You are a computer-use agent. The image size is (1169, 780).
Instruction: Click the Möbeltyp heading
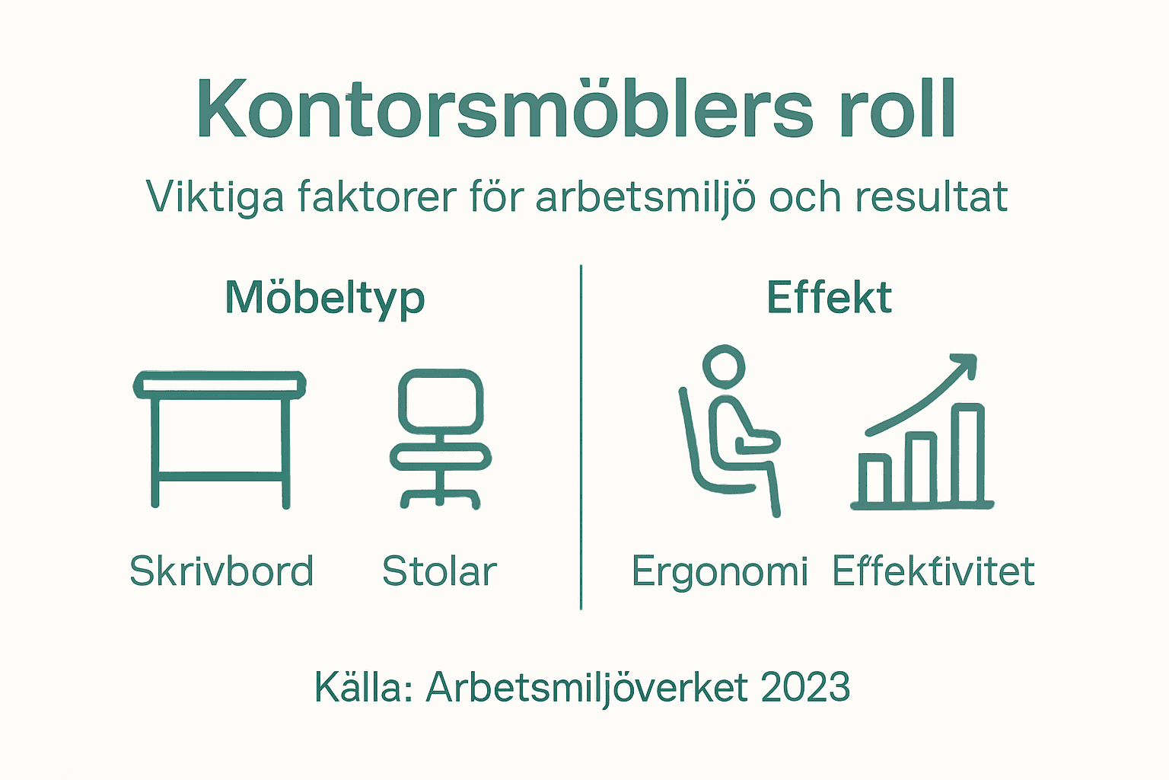tap(325, 298)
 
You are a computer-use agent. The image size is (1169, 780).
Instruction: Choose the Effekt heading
tap(829, 298)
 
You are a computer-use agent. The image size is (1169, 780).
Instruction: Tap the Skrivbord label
tap(221, 571)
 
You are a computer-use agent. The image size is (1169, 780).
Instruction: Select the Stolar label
tap(439, 571)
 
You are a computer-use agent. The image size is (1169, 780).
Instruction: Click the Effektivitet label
tap(933, 571)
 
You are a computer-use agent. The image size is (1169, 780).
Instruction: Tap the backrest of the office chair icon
tap(441, 400)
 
